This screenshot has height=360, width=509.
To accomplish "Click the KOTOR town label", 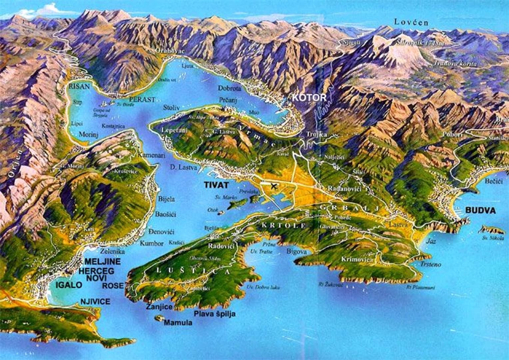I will [x=309, y=98].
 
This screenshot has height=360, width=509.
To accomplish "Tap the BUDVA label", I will [x=480, y=210].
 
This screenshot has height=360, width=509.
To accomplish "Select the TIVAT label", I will [x=216, y=185].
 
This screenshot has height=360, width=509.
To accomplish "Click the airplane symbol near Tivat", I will [x=274, y=186].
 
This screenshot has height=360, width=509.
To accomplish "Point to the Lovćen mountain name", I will [x=411, y=22].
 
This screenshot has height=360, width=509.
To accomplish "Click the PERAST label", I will [x=142, y=99].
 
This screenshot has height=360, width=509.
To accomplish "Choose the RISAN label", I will [x=79, y=87].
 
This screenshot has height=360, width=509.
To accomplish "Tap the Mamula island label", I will [x=178, y=323].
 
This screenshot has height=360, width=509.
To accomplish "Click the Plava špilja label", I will [x=215, y=314].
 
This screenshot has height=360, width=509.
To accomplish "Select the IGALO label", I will [x=69, y=285].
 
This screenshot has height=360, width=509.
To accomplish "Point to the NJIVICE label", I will [x=95, y=301].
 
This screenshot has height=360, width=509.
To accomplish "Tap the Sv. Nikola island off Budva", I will [x=491, y=230].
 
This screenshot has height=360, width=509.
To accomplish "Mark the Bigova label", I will [x=296, y=252].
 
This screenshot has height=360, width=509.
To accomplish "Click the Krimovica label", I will [x=357, y=259].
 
